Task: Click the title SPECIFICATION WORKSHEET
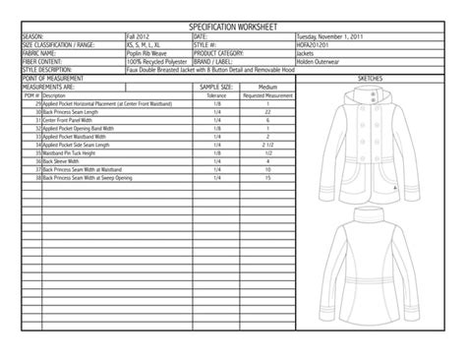pos(232,28)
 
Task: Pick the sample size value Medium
pos(267,87)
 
